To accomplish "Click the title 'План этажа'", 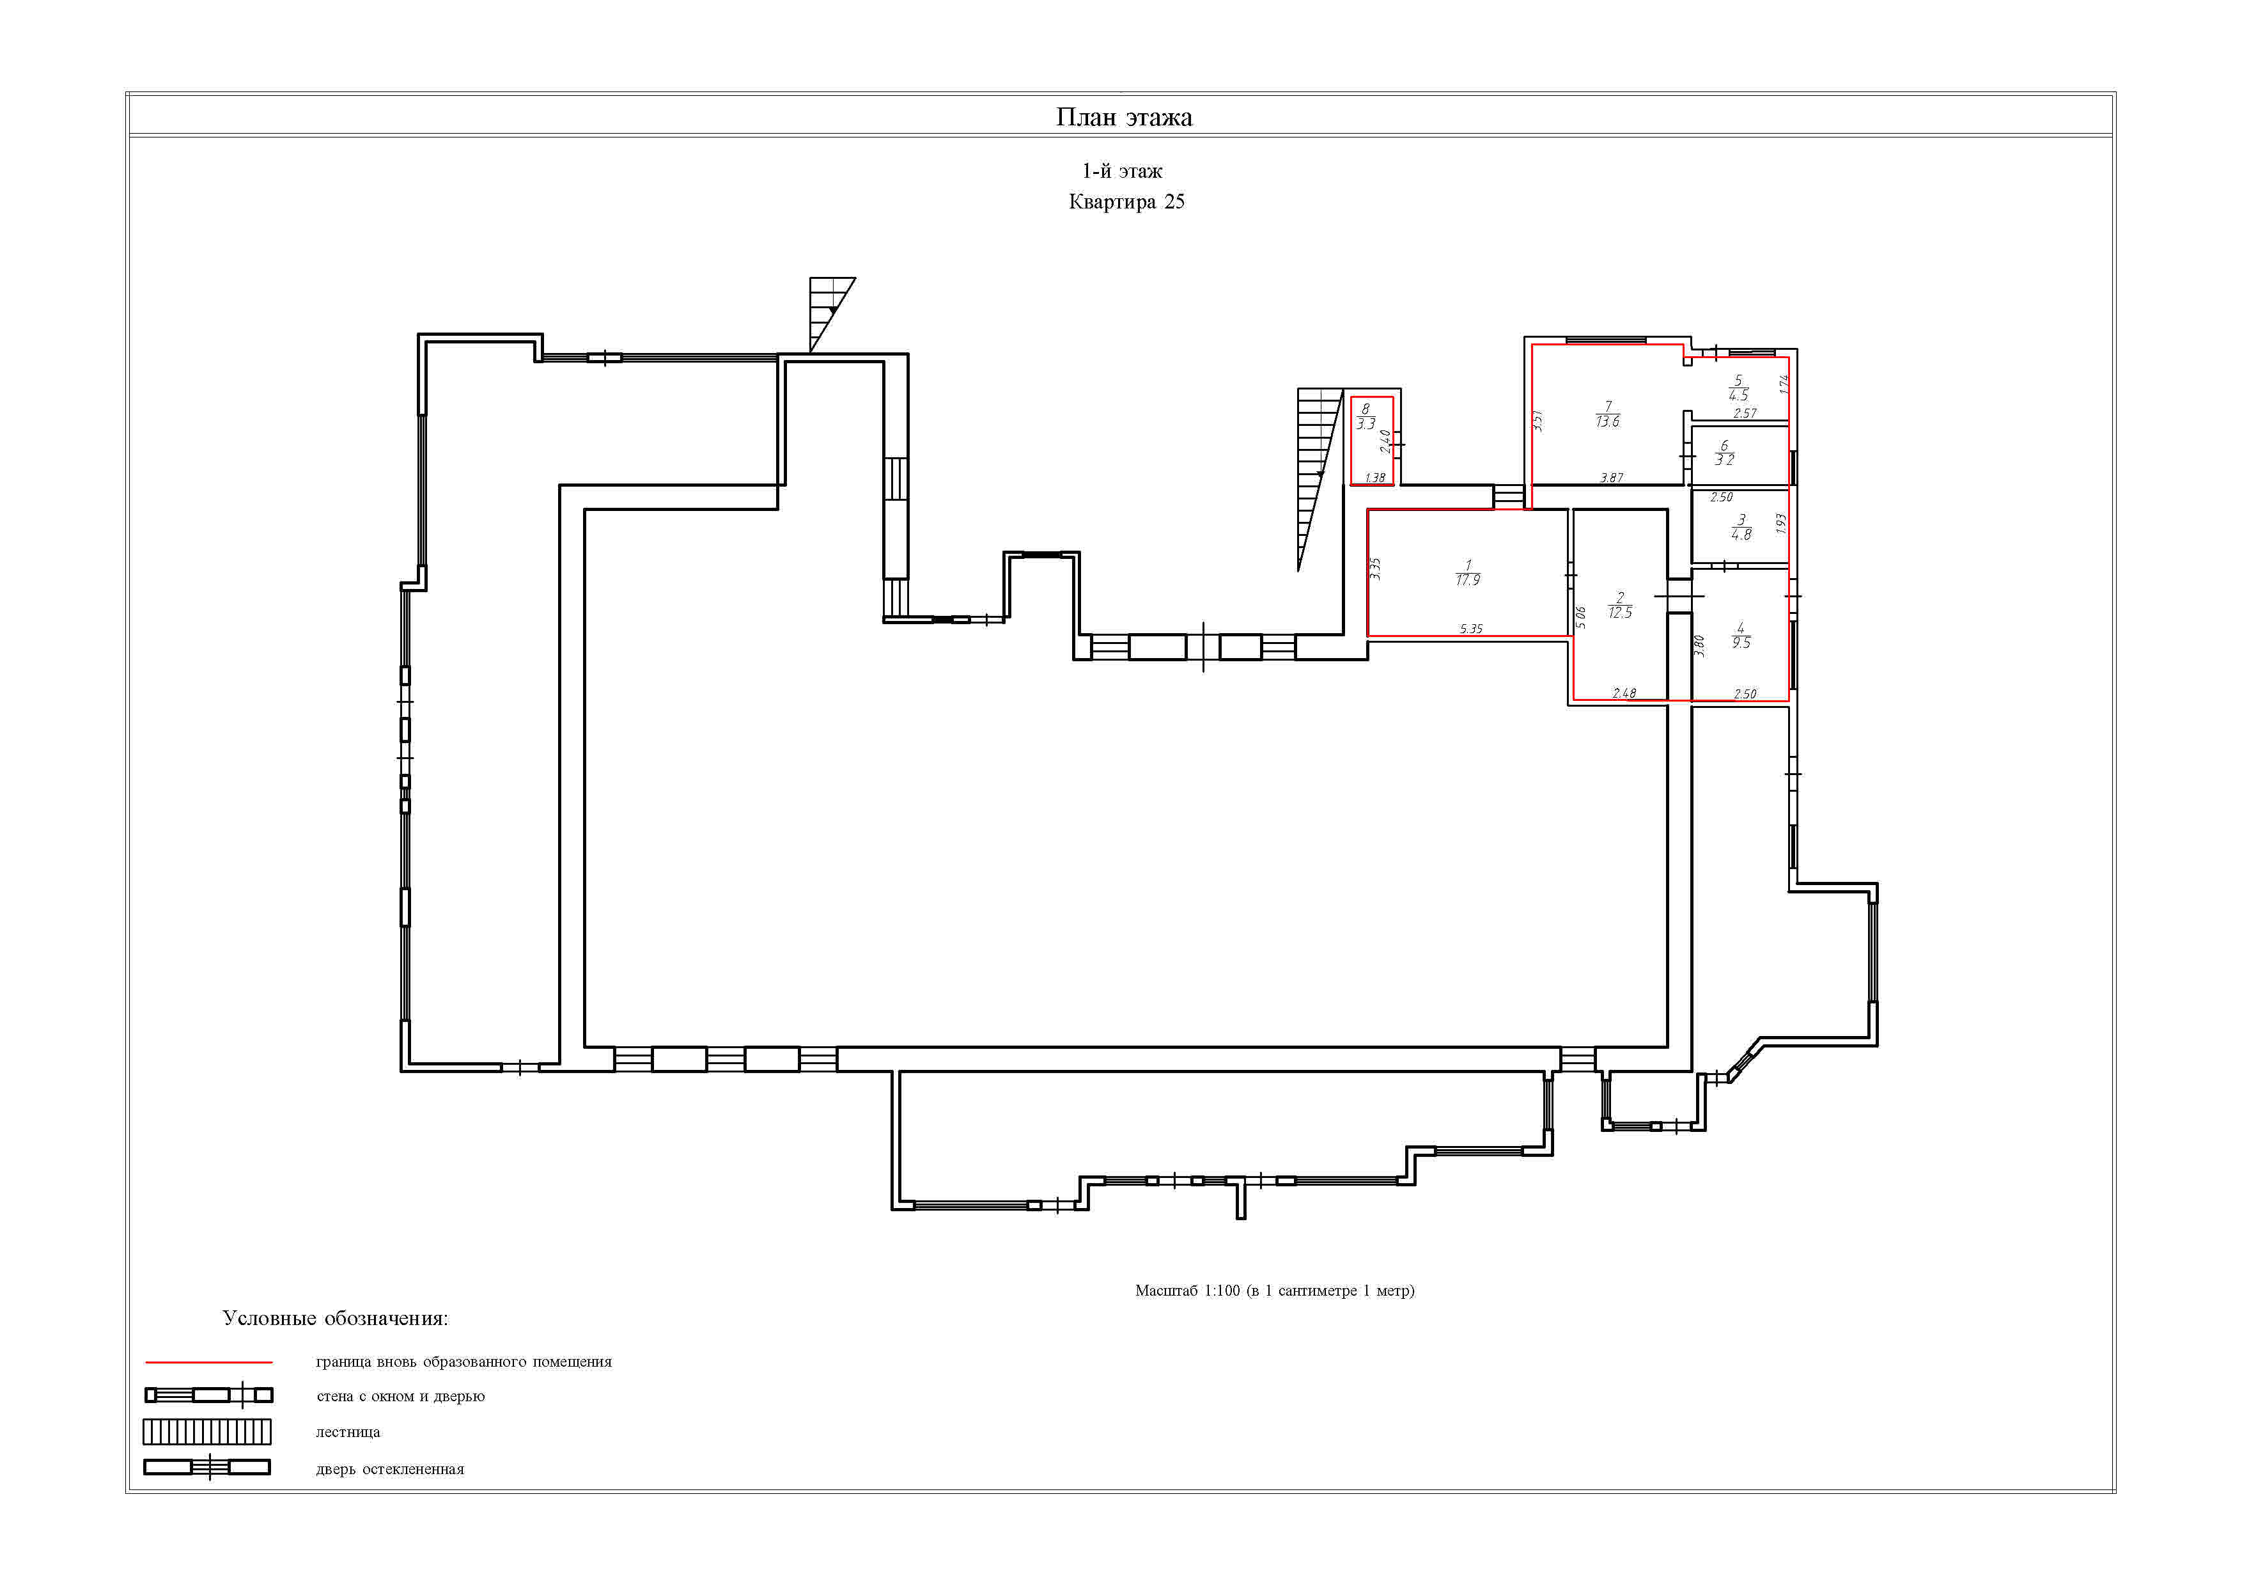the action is point(1124,117).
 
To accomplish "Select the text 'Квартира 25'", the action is point(1127,202).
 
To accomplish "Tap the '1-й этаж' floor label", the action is point(1122,171).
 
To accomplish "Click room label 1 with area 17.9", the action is point(1468,573).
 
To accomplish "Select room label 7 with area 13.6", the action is point(1607,414).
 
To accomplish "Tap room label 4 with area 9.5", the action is point(1741,636).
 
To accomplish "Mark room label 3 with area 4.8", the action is point(1741,528).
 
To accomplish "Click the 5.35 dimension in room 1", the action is point(1470,629).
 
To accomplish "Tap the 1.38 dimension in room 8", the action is point(1375,478).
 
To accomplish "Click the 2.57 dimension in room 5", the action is point(1745,413).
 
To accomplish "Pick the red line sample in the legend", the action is point(209,1362).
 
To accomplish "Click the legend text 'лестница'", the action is point(348,1433).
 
